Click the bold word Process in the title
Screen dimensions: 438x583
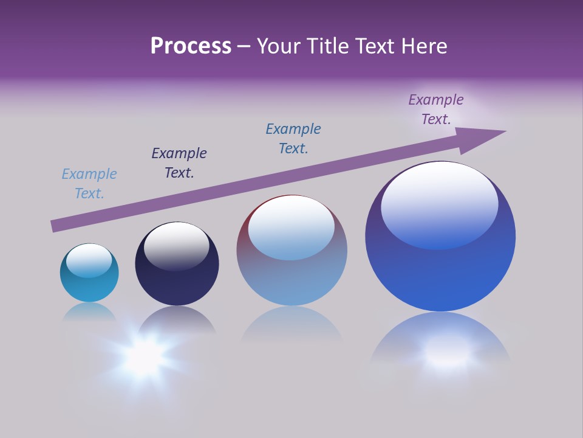pyautogui.click(x=191, y=46)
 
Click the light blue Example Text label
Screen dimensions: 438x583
pyautogui.click(x=89, y=184)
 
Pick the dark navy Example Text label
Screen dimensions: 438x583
pyautogui.click(x=179, y=163)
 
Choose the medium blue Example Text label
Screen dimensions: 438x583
pyautogui.click(x=293, y=139)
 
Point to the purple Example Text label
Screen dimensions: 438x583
pyautogui.click(x=436, y=109)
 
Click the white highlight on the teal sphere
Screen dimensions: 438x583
pyautogui.click(x=89, y=260)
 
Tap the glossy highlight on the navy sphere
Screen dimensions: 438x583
pyautogui.click(x=176, y=245)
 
